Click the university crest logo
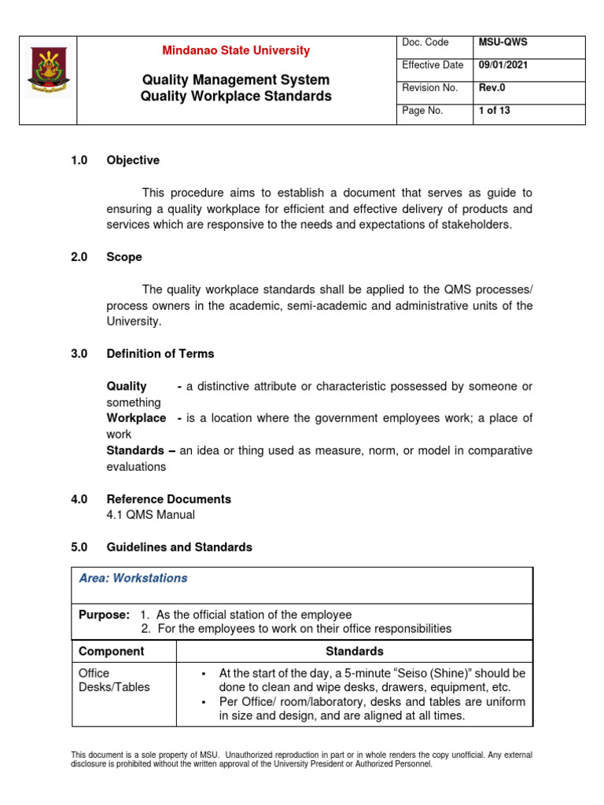click(47, 80)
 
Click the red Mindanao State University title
click(236, 50)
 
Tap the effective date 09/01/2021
click(503, 65)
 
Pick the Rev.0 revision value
click(492, 88)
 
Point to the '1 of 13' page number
click(495, 111)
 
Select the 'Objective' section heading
click(133, 160)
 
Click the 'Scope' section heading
click(124, 257)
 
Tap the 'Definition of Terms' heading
click(160, 354)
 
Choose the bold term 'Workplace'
click(136, 418)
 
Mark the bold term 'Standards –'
click(141, 450)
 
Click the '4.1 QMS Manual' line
click(150, 515)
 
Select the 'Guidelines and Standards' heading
click(179, 547)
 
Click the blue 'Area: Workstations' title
click(134, 578)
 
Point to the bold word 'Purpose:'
click(104, 615)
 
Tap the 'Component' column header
click(111, 651)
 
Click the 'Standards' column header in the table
click(354, 651)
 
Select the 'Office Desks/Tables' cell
click(114, 680)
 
